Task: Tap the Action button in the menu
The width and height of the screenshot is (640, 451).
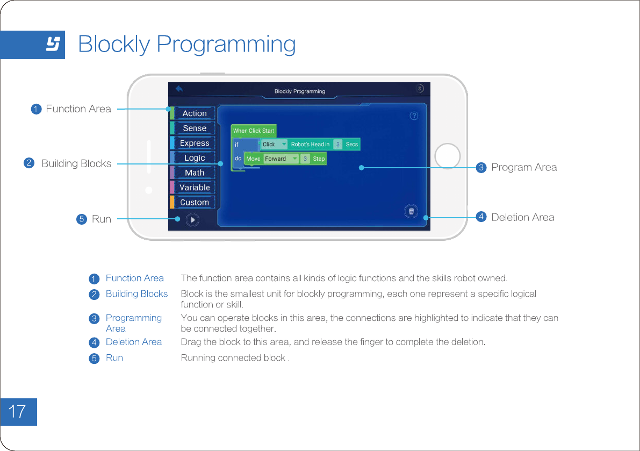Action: pyautogui.click(x=194, y=113)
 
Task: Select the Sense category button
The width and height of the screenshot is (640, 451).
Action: pyautogui.click(x=194, y=128)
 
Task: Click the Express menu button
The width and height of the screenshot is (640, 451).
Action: pyautogui.click(x=194, y=143)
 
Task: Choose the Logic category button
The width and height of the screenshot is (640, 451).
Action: pyautogui.click(x=194, y=158)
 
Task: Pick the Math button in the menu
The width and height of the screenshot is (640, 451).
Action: pyautogui.click(x=194, y=173)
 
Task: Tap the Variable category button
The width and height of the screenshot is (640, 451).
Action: pyautogui.click(x=194, y=188)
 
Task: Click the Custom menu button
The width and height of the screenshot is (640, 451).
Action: pyautogui.click(x=194, y=202)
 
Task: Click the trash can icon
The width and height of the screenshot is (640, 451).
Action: pyautogui.click(x=411, y=211)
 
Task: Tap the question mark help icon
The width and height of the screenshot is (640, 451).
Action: pyautogui.click(x=414, y=116)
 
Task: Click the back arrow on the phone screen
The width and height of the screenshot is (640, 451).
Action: pyautogui.click(x=179, y=89)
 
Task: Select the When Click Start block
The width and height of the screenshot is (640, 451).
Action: pyautogui.click(x=253, y=131)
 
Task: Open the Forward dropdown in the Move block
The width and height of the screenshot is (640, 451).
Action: pyautogui.click(x=281, y=159)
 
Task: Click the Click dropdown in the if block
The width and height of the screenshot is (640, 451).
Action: pyautogui.click(x=274, y=144)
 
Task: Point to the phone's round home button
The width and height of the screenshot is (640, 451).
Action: pyautogui.click(x=447, y=157)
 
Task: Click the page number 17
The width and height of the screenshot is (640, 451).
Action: pyautogui.click(x=18, y=412)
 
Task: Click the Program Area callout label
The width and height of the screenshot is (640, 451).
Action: pyautogui.click(x=523, y=167)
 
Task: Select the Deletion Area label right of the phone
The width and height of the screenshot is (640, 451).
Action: pyautogui.click(x=522, y=217)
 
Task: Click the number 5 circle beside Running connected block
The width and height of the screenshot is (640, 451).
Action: pyautogui.click(x=94, y=358)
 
